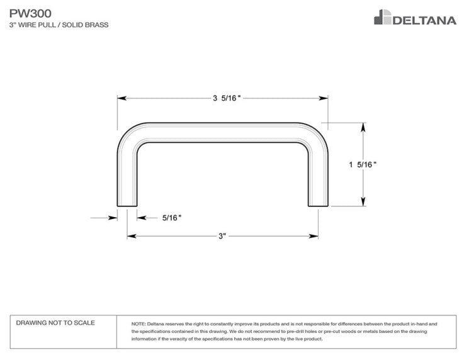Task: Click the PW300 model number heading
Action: coord(30,13)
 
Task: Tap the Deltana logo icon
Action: coord(383,17)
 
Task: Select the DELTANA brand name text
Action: coord(424,20)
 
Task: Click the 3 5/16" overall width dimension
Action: coord(227,98)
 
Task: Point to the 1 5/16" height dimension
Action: coord(363,164)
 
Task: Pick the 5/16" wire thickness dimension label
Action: coord(172,218)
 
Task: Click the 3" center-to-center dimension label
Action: coord(222,236)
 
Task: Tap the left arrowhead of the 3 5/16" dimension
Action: coord(121,98)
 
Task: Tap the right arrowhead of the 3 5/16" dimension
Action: coord(324,98)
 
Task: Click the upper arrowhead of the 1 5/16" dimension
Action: coord(363,127)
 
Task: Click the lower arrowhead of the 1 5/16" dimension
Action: coord(363,202)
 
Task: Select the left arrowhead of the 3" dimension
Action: coord(132,236)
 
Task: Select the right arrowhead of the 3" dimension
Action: coord(314,236)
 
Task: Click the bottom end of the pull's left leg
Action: coord(127,206)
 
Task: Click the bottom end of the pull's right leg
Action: coord(319,206)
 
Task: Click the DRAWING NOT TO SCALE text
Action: coord(55,323)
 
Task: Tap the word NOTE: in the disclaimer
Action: coord(138,324)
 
